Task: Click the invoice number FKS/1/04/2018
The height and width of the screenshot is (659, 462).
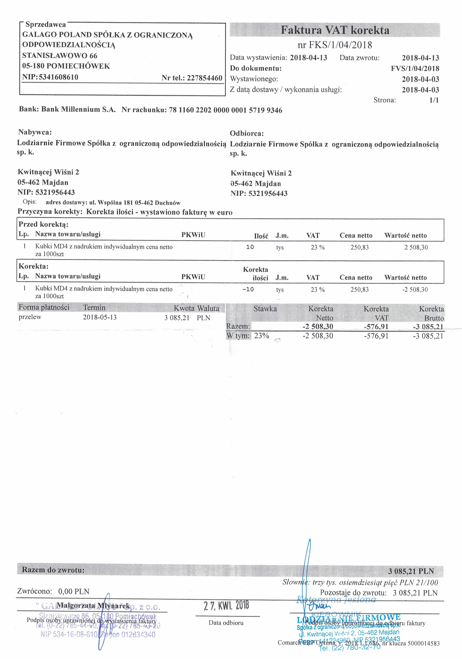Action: (x=340, y=45)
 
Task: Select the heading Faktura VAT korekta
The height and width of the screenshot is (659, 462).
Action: (x=335, y=30)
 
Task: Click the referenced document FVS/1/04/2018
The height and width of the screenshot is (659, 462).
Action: (x=415, y=69)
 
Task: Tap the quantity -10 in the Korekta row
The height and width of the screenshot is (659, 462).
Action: (x=248, y=289)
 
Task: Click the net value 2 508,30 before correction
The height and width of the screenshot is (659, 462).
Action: (x=416, y=247)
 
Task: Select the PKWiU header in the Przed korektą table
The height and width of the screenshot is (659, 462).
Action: (x=193, y=235)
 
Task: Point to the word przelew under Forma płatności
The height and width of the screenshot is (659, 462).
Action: (x=30, y=317)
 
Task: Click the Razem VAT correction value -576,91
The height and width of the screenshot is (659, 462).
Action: (x=376, y=327)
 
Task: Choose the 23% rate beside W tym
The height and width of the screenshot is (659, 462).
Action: (x=261, y=336)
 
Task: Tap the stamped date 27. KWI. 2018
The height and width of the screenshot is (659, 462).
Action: (x=226, y=606)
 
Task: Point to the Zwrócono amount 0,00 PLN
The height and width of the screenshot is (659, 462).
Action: (x=74, y=591)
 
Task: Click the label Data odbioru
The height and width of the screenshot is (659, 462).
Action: (x=226, y=623)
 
